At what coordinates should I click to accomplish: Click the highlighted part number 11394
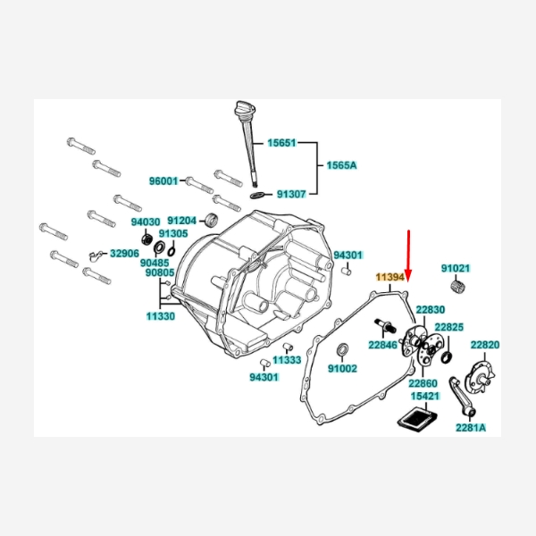(390, 279)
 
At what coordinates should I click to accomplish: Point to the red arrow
(408, 255)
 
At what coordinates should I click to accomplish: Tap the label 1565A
(341, 166)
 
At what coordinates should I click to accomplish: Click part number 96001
(163, 180)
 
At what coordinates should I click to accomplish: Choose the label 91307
(291, 193)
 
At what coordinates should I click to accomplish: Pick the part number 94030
(145, 222)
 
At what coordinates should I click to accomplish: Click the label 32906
(124, 254)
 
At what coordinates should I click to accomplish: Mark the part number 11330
(161, 316)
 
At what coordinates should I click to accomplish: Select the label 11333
(288, 360)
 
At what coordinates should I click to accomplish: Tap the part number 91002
(342, 368)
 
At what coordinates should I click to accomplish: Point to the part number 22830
(430, 309)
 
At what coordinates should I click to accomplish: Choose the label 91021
(456, 268)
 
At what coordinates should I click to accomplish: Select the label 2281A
(471, 427)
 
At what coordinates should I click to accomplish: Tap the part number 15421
(424, 396)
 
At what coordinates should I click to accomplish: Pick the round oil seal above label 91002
(345, 348)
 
